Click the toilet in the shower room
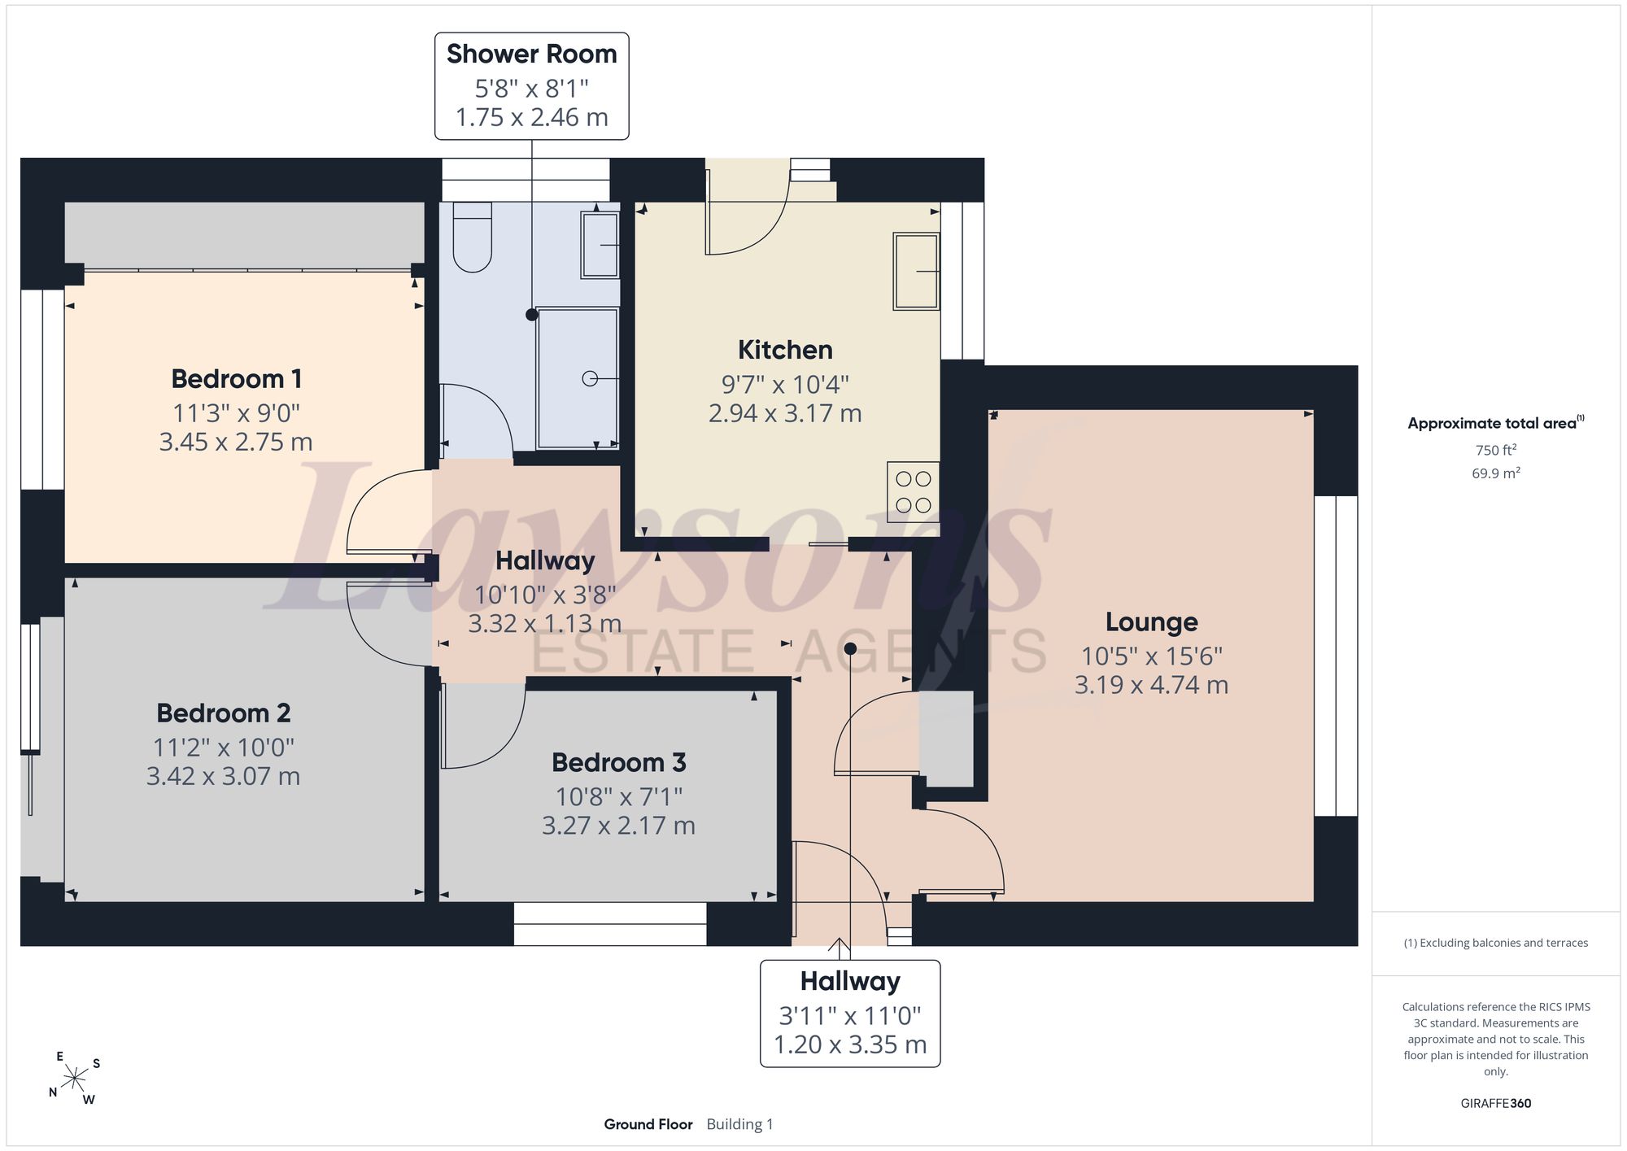pyautogui.click(x=473, y=237)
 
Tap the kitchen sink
pyautogui.click(x=916, y=271)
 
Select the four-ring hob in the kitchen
pyautogui.click(x=913, y=492)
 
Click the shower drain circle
pyautogui.click(x=590, y=378)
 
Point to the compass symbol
pyautogui.click(x=75, y=1079)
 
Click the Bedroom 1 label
pyautogui.click(x=236, y=379)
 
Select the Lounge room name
pyautogui.click(x=1151, y=622)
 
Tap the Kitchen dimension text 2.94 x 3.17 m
pyautogui.click(x=785, y=413)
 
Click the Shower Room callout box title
pyautogui.click(x=532, y=54)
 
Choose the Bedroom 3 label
pyautogui.click(x=618, y=763)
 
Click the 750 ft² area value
pyautogui.click(x=1495, y=450)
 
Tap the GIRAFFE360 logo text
pyautogui.click(x=1495, y=1104)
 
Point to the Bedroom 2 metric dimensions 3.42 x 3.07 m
pyautogui.click(x=223, y=776)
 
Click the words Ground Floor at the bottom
pyautogui.click(x=648, y=1124)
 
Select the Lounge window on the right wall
pyautogui.click(x=1336, y=656)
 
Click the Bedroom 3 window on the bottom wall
pyautogui.click(x=610, y=924)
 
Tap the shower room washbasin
pyautogui.click(x=600, y=245)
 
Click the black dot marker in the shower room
pyautogui.click(x=531, y=315)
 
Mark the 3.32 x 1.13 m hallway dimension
pyautogui.click(x=544, y=624)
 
